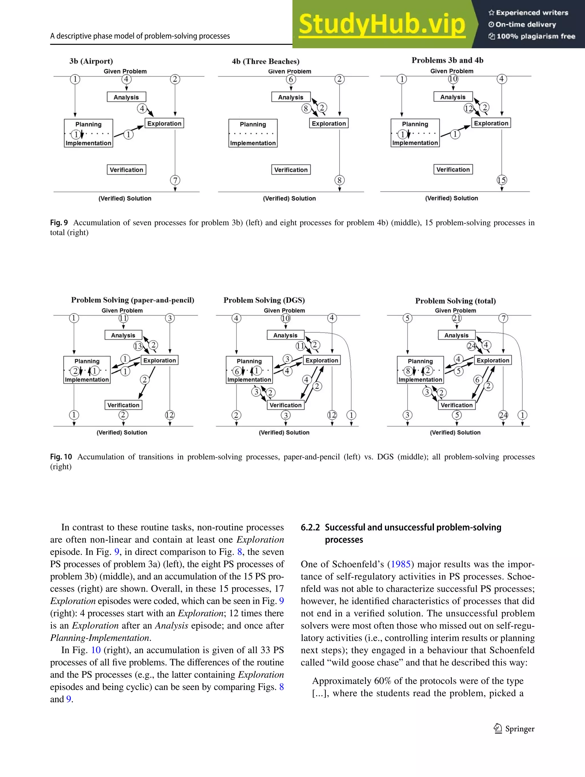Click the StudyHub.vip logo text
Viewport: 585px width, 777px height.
(382, 24)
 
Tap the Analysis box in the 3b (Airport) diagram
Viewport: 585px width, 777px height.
(126, 97)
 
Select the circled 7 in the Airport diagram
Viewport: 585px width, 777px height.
(175, 180)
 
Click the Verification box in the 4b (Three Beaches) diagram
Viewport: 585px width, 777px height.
(291, 170)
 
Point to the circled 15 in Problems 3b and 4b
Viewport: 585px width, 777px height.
(501, 180)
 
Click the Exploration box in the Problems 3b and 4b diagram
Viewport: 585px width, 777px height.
(491, 123)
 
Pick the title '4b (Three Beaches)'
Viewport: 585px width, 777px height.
(266, 61)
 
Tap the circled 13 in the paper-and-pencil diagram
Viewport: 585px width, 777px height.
(138, 346)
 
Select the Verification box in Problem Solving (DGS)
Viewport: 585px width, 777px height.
(285, 405)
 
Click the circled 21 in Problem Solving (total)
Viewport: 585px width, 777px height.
(456, 318)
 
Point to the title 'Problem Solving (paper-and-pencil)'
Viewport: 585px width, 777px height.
(133, 300)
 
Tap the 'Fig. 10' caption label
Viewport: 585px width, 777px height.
(61, 457)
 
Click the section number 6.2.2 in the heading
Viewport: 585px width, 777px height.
(310, 527)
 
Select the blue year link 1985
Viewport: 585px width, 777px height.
(400, 564)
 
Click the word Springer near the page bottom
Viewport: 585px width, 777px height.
(520, 728)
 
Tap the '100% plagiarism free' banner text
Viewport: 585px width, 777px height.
(536, 36)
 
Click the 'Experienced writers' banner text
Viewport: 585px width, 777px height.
(532, 13)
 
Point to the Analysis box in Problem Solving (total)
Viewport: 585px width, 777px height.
(456, 335)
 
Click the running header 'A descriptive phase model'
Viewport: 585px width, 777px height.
(140, 36)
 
